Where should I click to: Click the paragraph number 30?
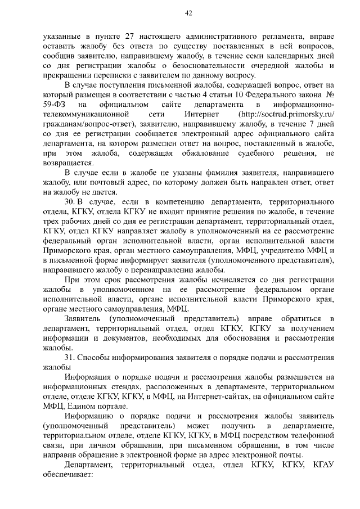coord(70,202)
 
